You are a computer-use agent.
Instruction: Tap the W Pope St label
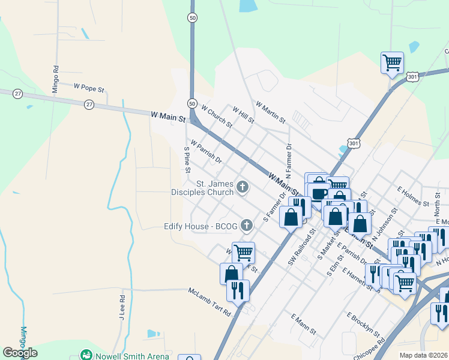tap(89, 88)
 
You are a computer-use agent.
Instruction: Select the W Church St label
tap(217, 117)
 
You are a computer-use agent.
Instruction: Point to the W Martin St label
tap(270, 112)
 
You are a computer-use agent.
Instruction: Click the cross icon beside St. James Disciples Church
tap(243, 188)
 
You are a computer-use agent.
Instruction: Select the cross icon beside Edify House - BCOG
tap(246, 226)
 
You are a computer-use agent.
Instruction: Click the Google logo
tap(20, 353)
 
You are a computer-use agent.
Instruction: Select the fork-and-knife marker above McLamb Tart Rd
tap(238, 291)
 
